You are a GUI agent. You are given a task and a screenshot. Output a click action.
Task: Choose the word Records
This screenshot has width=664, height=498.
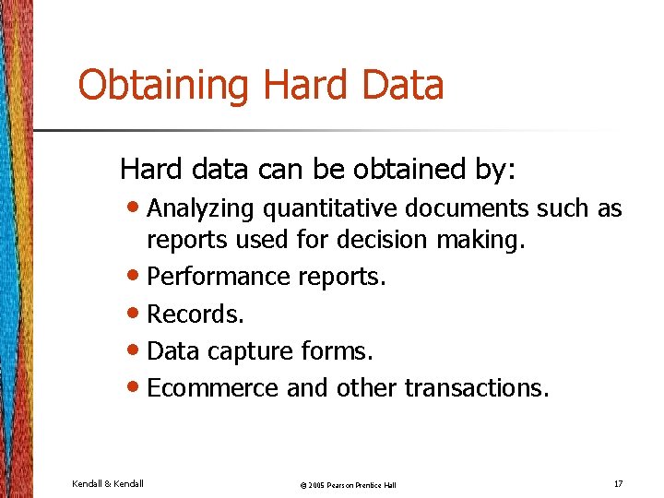196,314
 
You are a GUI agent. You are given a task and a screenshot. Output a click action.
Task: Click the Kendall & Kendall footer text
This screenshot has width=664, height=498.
107,483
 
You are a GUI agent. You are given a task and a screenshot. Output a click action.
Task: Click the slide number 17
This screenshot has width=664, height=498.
617,483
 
